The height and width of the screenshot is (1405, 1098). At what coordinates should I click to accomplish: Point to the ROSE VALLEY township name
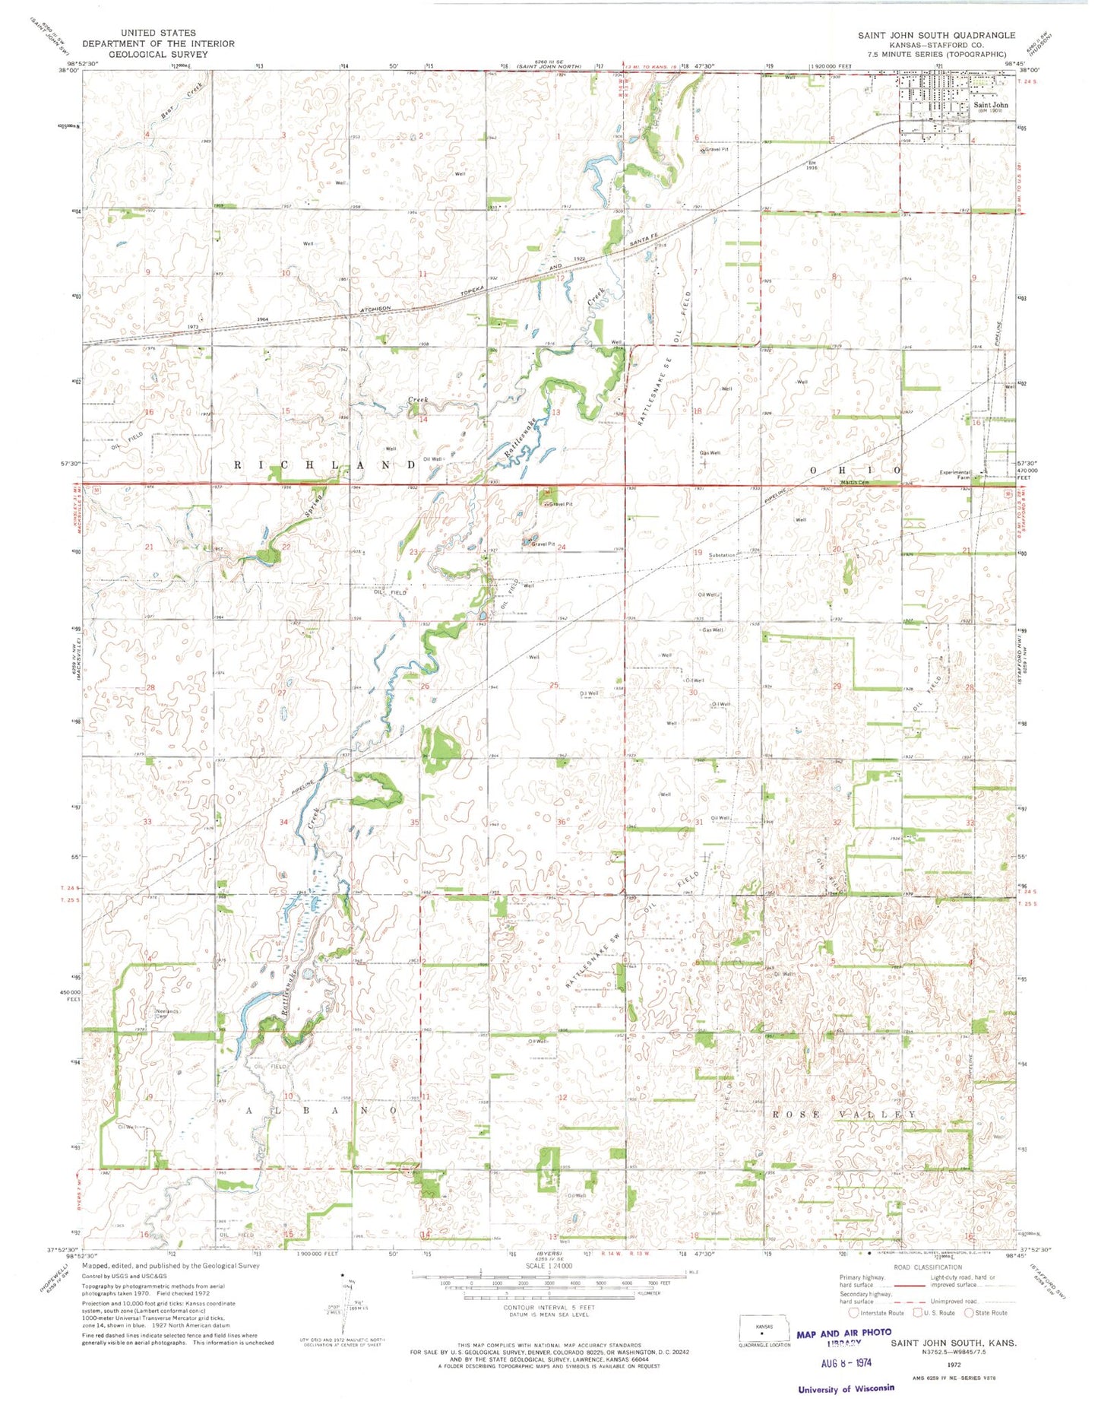click(843, 1115)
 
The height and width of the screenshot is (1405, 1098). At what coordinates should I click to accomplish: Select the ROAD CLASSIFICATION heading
click(929, 1267)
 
